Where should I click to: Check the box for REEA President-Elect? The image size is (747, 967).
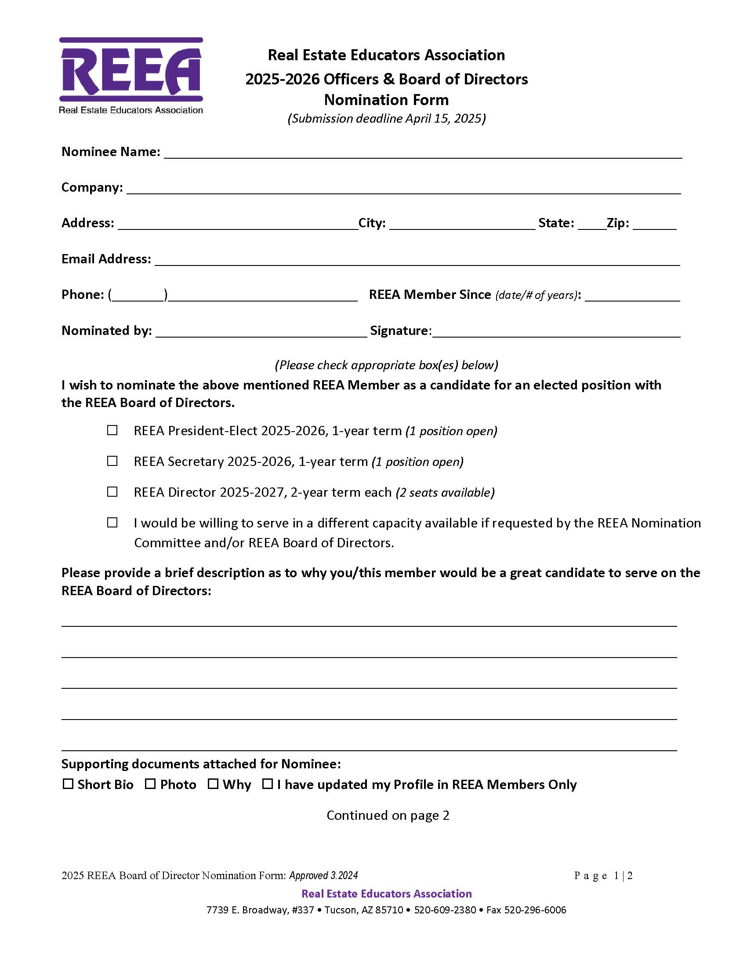(x=112, y=430)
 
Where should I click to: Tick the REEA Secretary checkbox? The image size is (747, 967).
(x=112, y=461)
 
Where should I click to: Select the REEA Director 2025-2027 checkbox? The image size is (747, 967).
(x=112, y=492)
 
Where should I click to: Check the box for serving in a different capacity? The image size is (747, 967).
(x=112, y=523)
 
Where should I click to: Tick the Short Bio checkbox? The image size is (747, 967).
(x=68, y=784)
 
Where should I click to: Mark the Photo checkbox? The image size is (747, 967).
(x=150, y=784)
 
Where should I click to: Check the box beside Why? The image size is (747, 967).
(x=213, y=784)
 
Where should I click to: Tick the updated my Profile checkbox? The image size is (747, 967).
(x=267, y=784)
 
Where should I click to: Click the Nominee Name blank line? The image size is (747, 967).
(x=423, y=153)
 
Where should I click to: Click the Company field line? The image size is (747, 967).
(x=403, y=189)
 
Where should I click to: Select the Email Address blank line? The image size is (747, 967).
(x=417, y=260)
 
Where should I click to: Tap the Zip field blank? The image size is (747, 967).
(x=655, y=225)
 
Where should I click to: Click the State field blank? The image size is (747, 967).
(x=592, y=225)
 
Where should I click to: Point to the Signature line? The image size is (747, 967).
(x=556, y=332)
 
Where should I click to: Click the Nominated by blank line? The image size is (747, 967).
(x=261, y=332)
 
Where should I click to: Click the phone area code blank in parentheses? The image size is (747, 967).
(x=138, y=296)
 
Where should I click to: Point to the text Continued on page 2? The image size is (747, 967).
(x=388, y=815)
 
